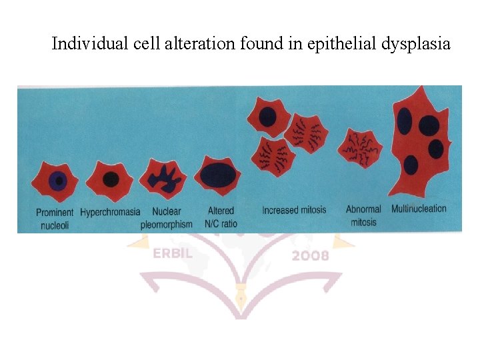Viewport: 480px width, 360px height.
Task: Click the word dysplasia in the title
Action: [416, 44]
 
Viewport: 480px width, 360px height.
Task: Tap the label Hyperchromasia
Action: [110, 212]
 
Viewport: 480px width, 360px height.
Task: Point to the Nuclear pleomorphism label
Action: [166, 218]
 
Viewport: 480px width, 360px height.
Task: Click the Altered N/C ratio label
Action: [221, 218]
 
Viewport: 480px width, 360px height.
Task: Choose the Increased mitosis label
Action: [294, 210]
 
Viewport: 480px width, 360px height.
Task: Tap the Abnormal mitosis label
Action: [363, 216]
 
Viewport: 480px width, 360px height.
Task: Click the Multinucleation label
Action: [419, 209]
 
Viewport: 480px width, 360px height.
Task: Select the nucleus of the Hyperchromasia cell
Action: [111, 179]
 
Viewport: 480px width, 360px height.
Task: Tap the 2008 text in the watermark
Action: [309, 255]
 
